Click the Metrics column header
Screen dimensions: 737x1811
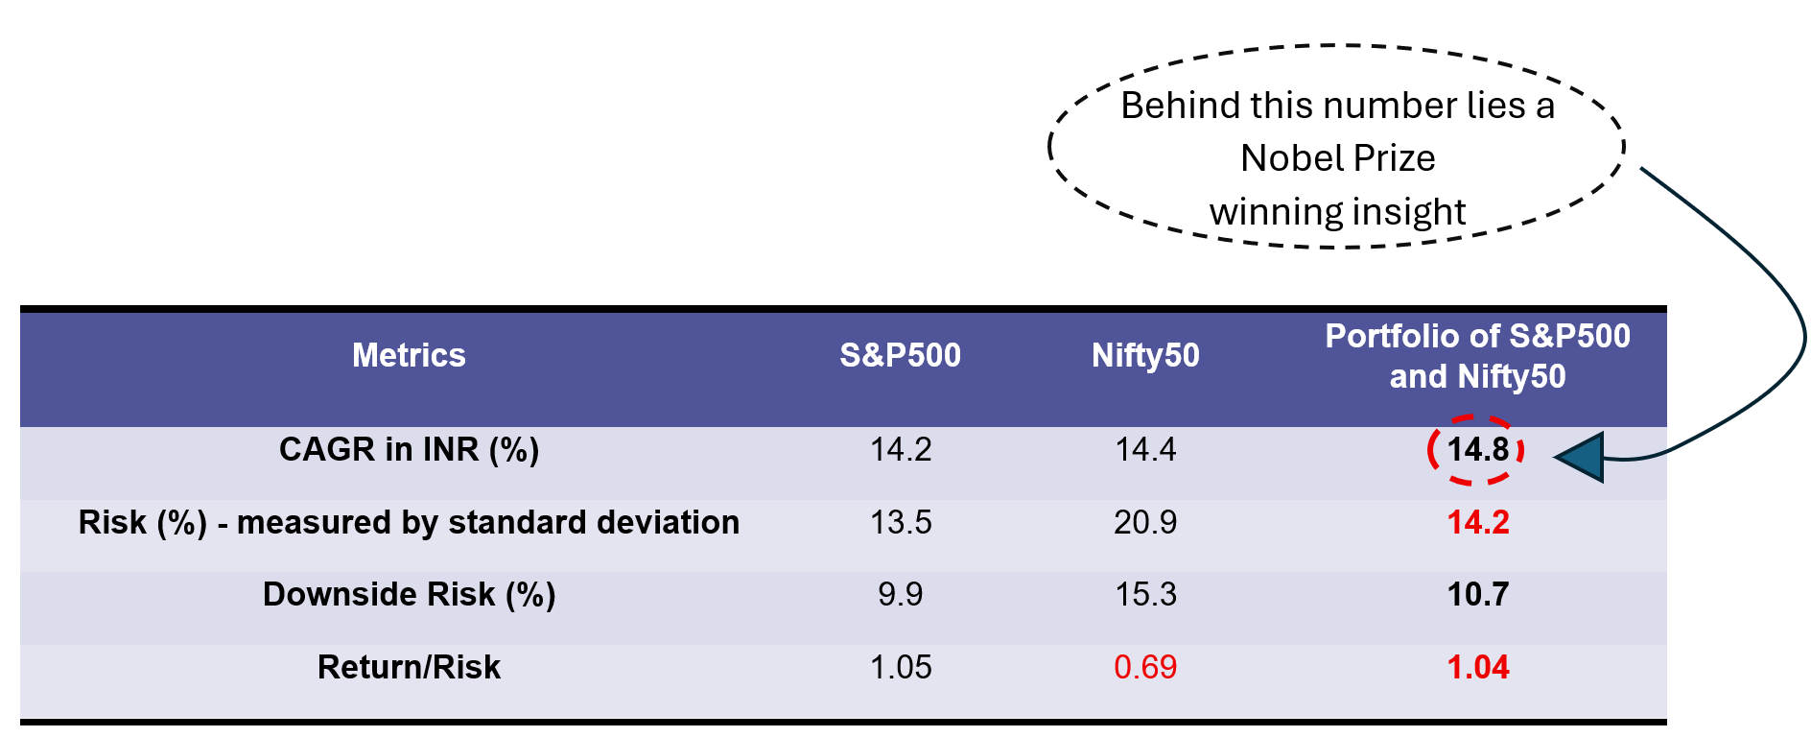pyautogui.click(x=409, y=356)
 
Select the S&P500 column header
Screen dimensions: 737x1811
pyautogui.click(x=900, y=356)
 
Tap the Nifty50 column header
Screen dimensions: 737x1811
pyautogui.click(x=1145, y=356)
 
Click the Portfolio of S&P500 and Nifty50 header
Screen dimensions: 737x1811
pyautogui.click(x=1477, y=356)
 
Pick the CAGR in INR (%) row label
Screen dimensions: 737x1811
pyautogui.click(x=409, y=449)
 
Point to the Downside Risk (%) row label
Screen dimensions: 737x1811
pyautogui.click(x=409, y=595)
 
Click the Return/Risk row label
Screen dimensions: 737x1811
pyautogui.click(x=409, y=667)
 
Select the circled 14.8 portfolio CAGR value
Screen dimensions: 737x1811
pyautogui.click(x=1477, y=449)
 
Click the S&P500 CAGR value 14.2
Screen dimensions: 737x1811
pyautogui.click(x=900, y=449)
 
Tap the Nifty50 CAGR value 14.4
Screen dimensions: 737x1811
pyautogui.click(x=1145, y=449)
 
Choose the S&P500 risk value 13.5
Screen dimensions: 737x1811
pyautogui.click(x=900, y=523)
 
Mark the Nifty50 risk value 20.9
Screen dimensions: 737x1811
pyautogui.click(x=1145, y=523)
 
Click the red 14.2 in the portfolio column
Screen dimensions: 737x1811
pyautogui.click(x=1477, y=523)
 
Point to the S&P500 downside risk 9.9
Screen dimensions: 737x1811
pyautogui.click(x=900, y=595)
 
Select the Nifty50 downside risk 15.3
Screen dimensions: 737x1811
pyautogui.click(x=1145, y=595)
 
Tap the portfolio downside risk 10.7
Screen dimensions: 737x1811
pyautogui.click(x=1477, y=595)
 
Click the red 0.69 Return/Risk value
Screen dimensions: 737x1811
pyautogui.click(x=1145, y=667)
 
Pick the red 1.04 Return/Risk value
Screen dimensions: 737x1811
pyautogui.click(x=1477, y=667)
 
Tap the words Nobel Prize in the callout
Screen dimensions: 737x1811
pyautogui.click(x=1337, y=158)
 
